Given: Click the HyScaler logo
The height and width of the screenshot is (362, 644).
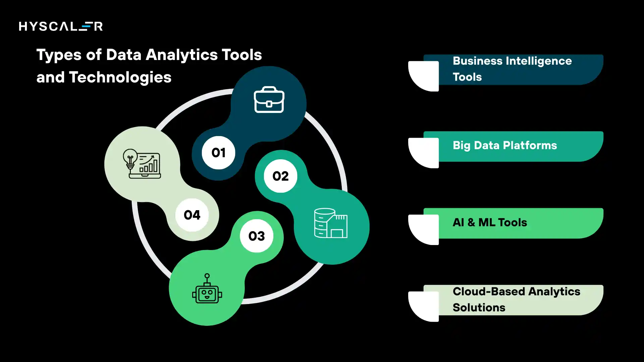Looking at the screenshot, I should pos(61,26).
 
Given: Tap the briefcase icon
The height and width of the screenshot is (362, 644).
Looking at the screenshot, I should pos(269,100).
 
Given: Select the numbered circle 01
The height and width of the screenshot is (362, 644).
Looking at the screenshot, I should pos(218,153).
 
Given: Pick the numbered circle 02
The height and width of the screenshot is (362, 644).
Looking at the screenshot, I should pos(280,176).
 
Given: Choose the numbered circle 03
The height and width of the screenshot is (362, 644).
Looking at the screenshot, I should pos(257,236).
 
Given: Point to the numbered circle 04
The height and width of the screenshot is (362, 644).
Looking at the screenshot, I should pos(192,215).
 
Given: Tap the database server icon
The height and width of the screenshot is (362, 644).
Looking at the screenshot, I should pos(330,223).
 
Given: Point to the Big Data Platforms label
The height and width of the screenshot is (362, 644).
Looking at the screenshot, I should pos(504,145).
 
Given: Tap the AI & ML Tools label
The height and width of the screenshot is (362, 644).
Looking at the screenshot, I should pos(490,223).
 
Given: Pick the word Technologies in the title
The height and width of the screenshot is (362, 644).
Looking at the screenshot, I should pos(120,77).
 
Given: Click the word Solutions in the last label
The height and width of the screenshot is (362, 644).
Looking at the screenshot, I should pos(479,308).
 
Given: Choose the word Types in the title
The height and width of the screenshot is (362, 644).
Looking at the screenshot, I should pos(59,55).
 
